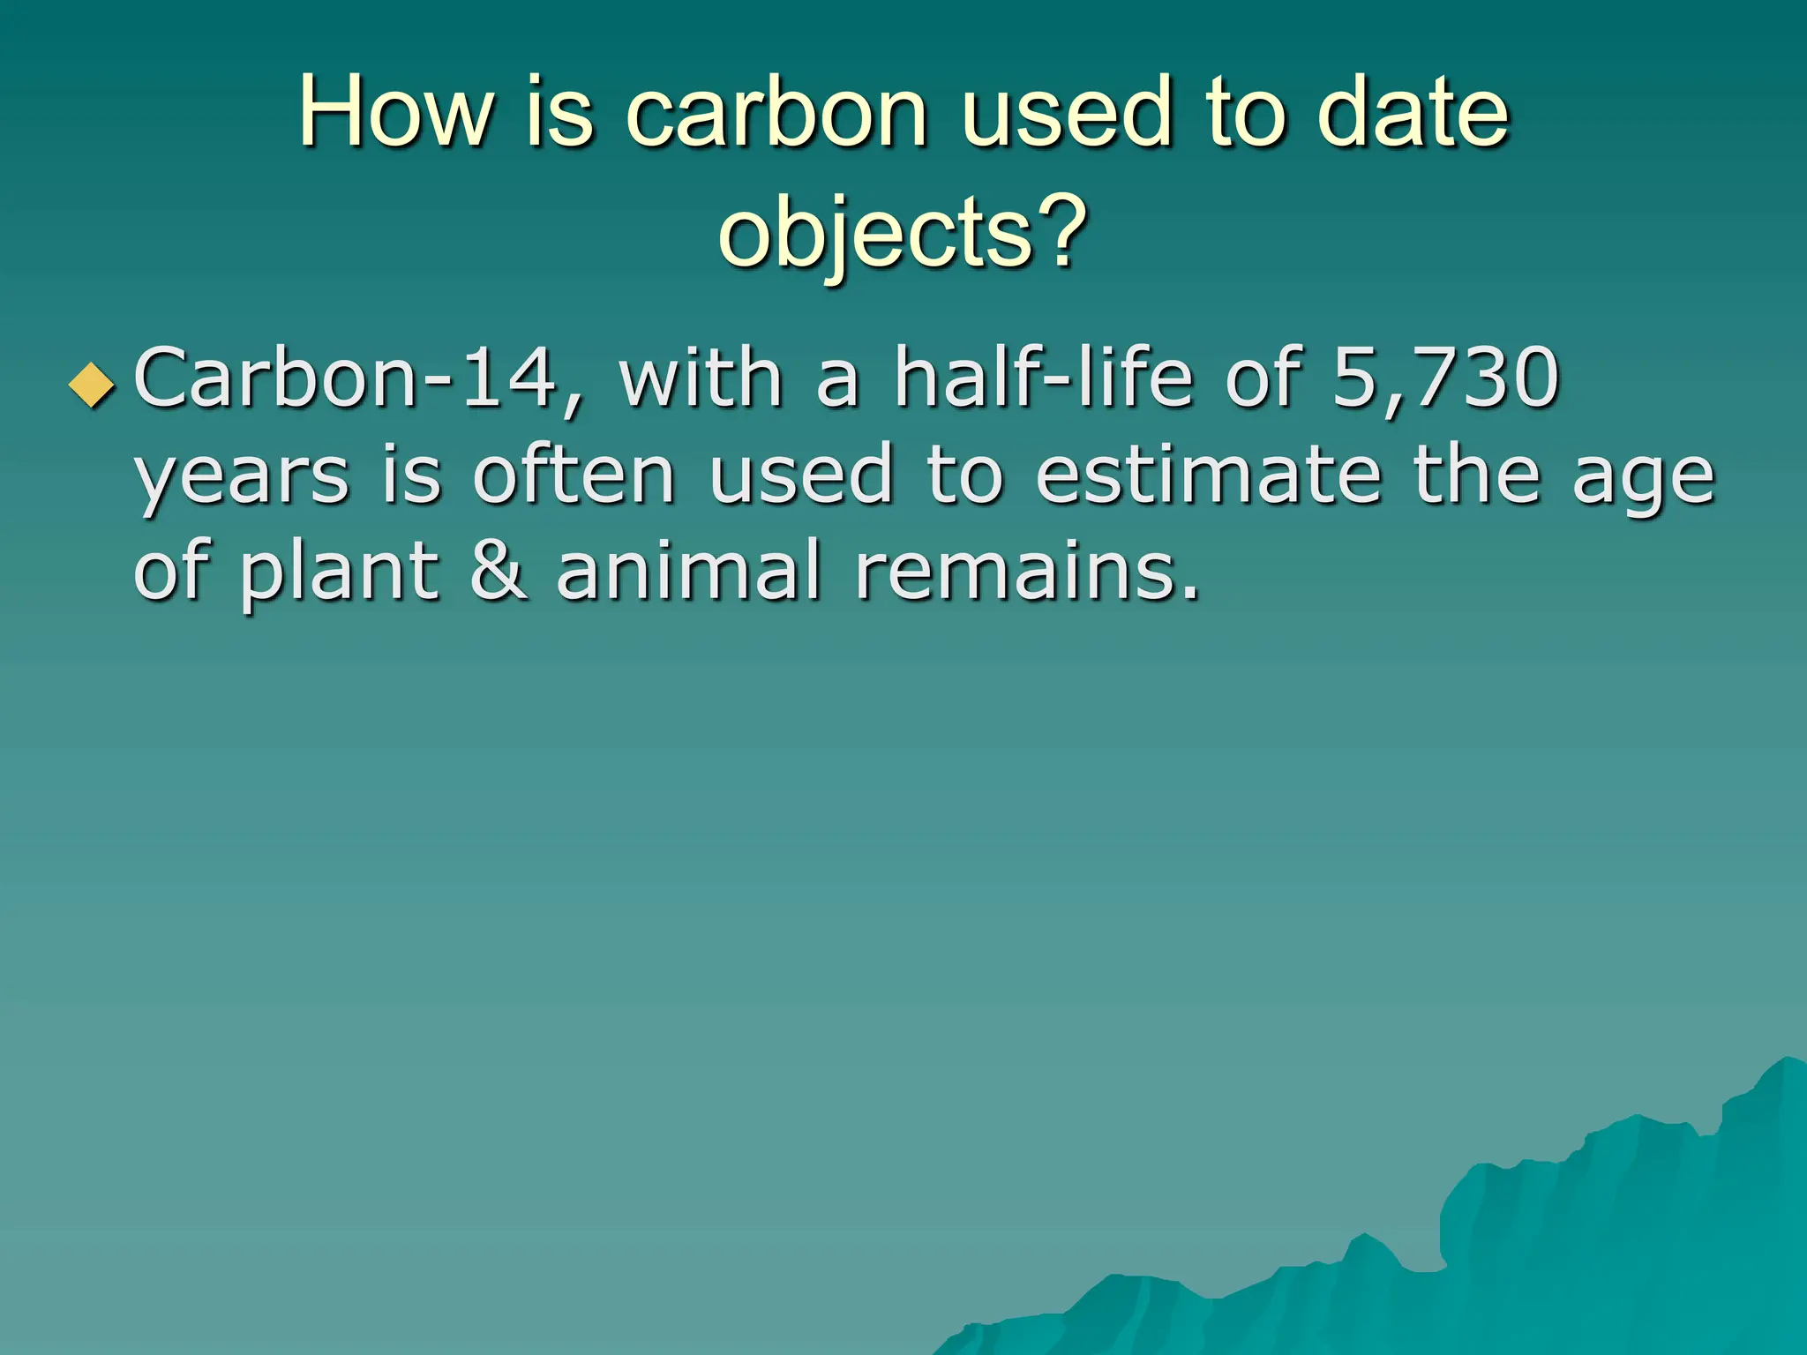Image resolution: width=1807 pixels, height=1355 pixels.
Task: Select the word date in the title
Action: [1413, 113]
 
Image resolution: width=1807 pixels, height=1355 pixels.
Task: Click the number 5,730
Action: [1445, 379]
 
